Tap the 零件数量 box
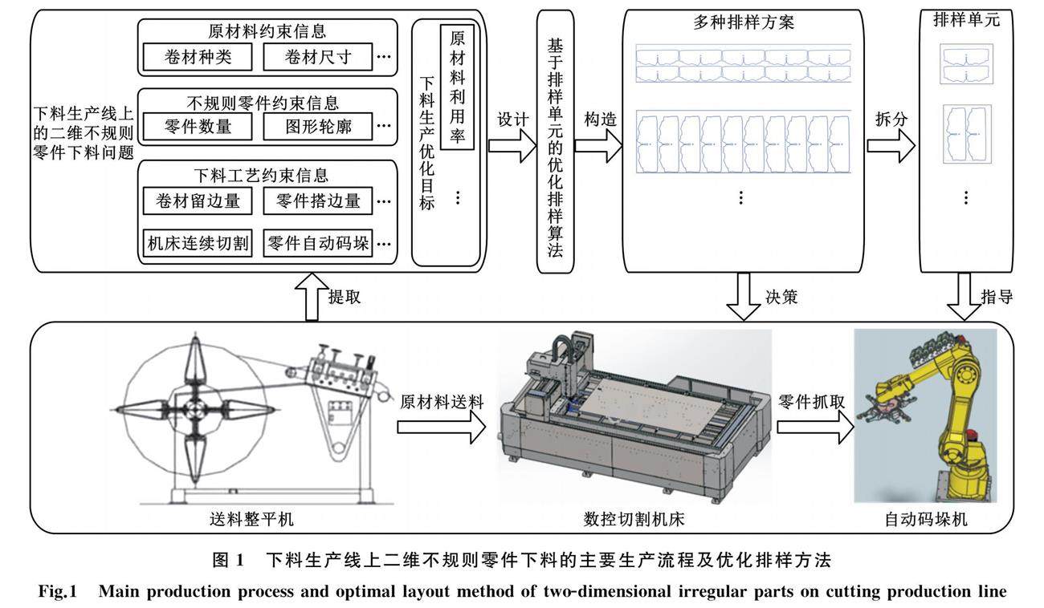click(198, 127)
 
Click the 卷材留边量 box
click(198, 201)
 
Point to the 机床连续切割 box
click(198, 243)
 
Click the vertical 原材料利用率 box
click(458, 86)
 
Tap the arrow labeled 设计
click(512, 144)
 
